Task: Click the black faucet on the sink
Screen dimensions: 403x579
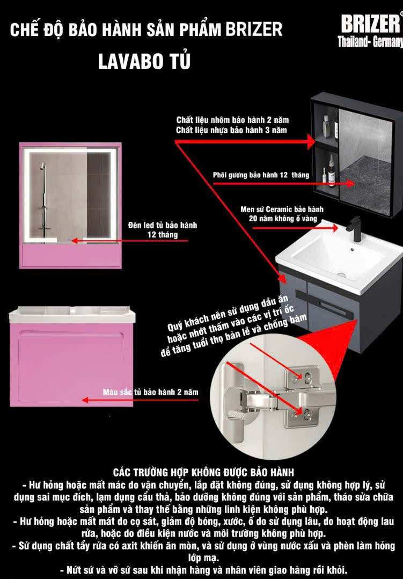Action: tap(355, 229)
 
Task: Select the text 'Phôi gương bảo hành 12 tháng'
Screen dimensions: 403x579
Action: tap(261, 175)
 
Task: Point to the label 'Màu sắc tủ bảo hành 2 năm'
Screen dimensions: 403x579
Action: tap(151, 392)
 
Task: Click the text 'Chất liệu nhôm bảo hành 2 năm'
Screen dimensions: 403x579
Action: tap(232, 120)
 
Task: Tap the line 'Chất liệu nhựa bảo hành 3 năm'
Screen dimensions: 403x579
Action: tap(231, 130)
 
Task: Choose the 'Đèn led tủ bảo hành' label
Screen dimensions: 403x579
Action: tap(163, 225)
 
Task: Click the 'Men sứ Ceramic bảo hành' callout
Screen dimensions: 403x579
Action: tap(282, 209)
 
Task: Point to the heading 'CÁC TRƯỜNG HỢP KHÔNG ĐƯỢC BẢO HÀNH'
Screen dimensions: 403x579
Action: tap(203, 472)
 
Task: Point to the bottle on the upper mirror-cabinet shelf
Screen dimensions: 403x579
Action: tap(326, 126)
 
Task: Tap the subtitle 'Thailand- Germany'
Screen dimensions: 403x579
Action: tap(370, 42)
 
